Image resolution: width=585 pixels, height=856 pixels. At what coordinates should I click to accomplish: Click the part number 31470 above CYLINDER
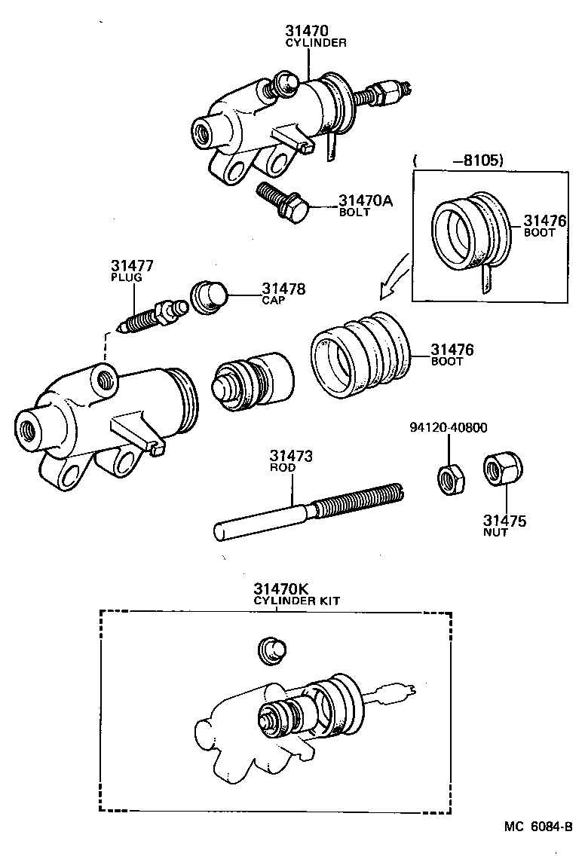[308, 31]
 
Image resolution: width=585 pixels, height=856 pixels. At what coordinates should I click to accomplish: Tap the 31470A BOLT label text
[366, 205]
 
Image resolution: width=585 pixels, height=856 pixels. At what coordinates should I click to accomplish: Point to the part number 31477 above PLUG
[132, 265]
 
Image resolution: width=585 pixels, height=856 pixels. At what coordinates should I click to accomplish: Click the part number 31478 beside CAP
[283, 289]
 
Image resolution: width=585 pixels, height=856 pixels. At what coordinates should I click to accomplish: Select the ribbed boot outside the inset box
[360, 353]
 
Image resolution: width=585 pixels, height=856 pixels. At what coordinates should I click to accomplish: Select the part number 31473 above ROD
[292, 457]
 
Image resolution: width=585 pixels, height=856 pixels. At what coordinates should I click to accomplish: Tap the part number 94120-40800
[448, 428]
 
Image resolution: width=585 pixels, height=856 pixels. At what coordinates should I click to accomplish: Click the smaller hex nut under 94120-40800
[450, 478]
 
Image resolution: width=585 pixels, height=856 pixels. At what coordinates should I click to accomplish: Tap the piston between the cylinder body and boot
[252, 380]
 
